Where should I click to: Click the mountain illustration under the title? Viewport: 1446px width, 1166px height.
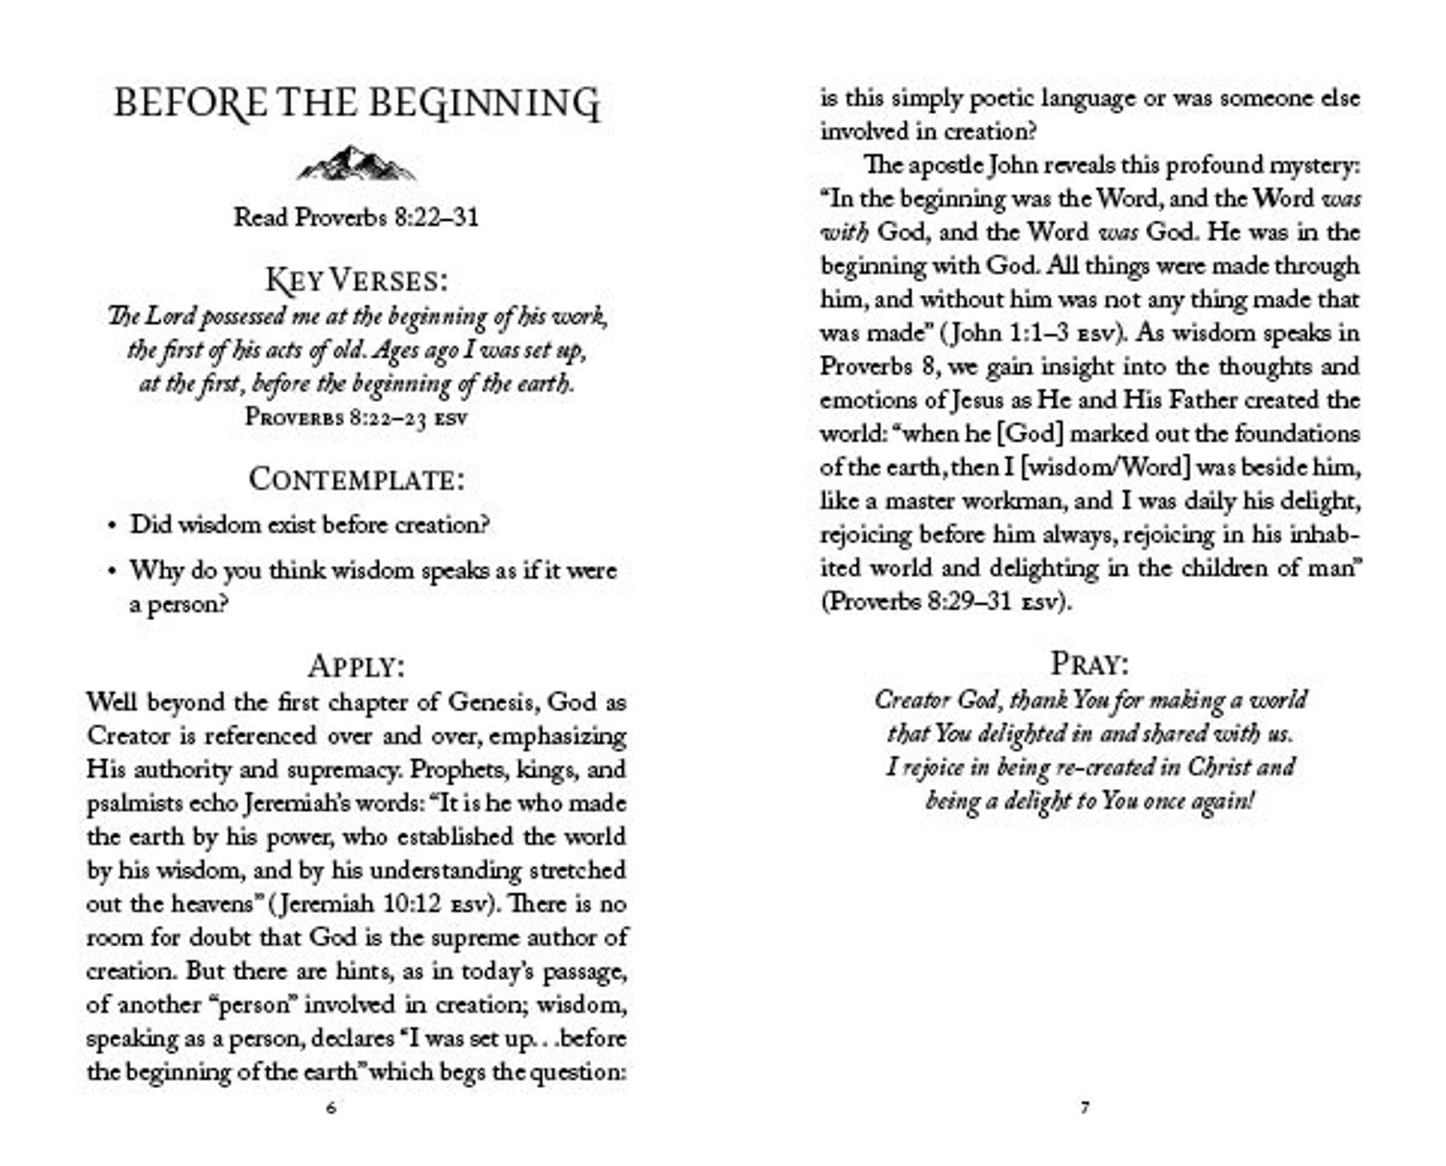(357, 164)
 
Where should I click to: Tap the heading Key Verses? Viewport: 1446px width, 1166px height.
(357, 281)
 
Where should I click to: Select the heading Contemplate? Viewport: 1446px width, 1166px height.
(357, 479)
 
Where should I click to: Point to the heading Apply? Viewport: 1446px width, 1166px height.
(357, 665)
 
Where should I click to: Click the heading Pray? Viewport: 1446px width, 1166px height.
(1089, 664)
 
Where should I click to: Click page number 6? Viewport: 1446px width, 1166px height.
(332, 1108)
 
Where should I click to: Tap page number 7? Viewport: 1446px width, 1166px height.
(1085, 1108)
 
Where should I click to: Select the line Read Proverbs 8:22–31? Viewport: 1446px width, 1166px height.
(357, 217)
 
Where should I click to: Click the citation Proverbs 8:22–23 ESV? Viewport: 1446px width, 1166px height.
(357, 418)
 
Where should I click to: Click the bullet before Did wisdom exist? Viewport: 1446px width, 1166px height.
(112, 527)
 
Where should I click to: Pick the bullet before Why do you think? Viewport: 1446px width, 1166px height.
(112, 571)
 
